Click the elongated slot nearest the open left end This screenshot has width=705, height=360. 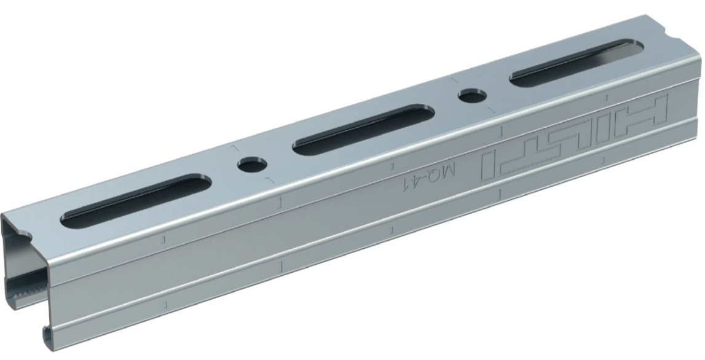pos(136,201)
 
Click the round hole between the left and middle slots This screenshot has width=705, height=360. pos(252,165)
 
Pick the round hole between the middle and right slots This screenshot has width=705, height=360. pos(472,95)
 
